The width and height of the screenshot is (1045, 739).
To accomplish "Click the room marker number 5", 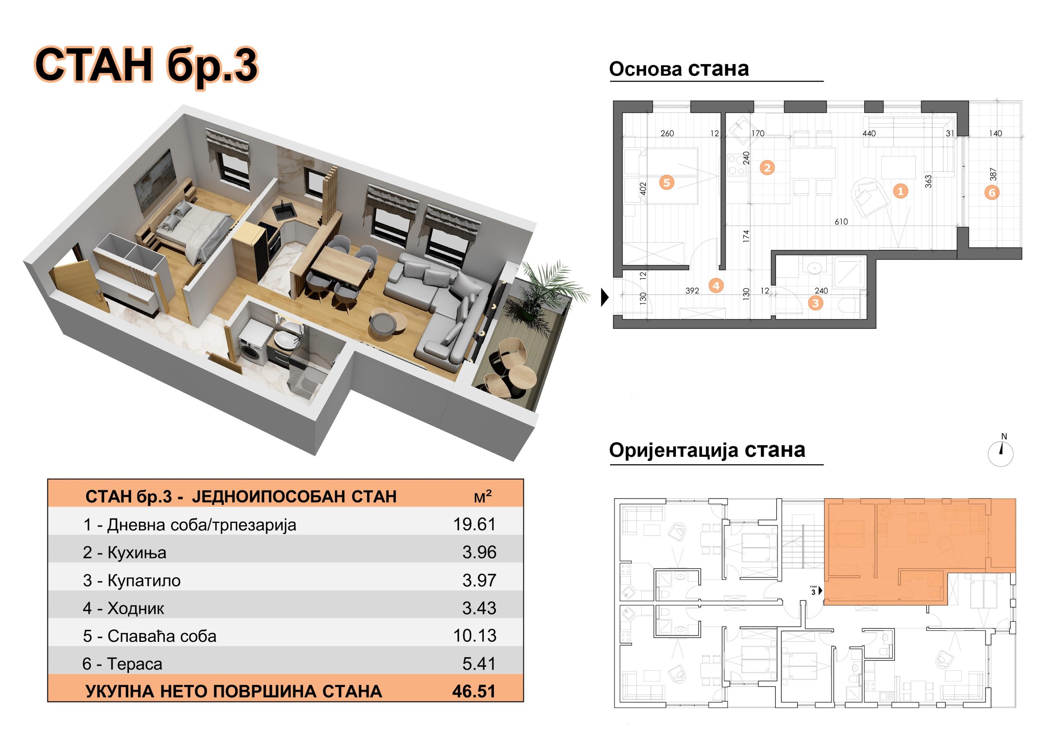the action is coord(667,183).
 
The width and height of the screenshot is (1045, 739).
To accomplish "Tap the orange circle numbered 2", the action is coord(767,167).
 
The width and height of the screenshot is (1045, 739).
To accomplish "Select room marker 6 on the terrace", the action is coord(992,192).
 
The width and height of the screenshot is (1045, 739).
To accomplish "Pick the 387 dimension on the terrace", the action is coord(993,174).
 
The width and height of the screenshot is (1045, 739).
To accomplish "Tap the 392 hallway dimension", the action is coord(692,291).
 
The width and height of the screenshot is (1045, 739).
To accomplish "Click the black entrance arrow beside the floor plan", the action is coord(605,297).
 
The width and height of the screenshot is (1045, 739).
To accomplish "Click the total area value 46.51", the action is coord(474,691).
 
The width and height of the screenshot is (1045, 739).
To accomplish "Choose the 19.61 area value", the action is coord(474,524).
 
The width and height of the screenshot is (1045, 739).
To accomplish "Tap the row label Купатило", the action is coord(144,581).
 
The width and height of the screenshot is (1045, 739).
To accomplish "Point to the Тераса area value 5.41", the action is coord(479,663).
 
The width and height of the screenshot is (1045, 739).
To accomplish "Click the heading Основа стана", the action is coord(678,69).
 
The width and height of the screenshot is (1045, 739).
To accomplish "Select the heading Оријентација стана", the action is coord(707,450).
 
